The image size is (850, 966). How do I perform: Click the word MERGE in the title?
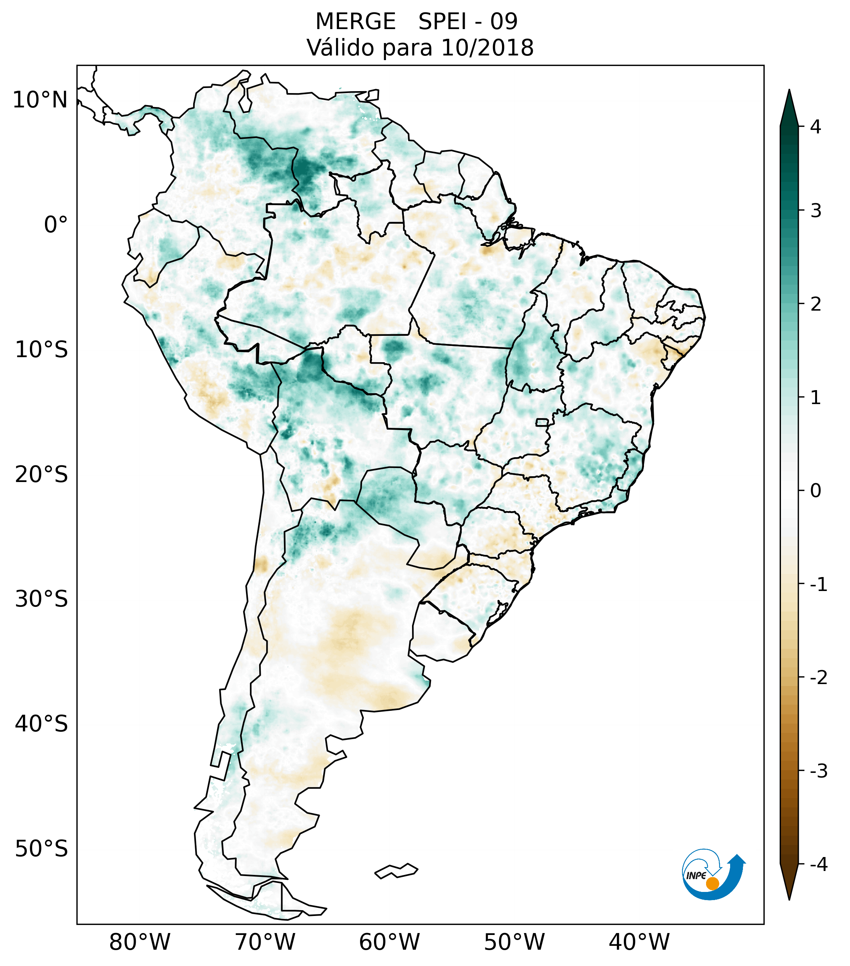tap(355, 22)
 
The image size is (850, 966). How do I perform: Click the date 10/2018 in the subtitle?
tap(487, 48)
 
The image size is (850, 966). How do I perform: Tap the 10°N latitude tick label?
tap(40, 100)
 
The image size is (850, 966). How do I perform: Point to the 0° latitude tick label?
tap(56, 225)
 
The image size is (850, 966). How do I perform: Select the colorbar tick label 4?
tap(815, 127)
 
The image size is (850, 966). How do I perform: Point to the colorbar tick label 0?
tap(815, 491)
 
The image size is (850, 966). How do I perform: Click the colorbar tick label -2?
tap(818, 678)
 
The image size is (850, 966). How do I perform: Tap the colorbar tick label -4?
tap(818, 865)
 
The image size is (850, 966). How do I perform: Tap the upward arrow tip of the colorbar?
tap(789, 91)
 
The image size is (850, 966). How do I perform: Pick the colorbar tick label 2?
tap(815, 304)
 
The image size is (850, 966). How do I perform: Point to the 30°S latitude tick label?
tap(42, 599)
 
